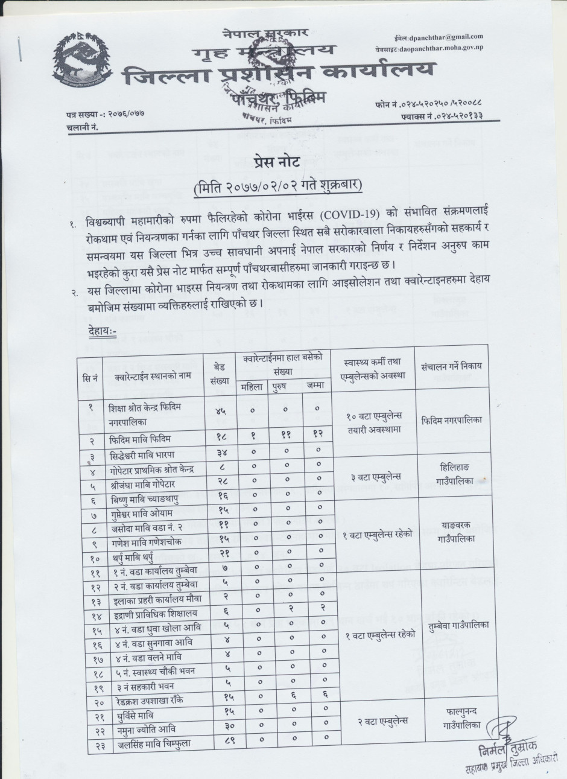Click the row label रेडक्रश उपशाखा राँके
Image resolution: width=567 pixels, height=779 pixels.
coord(148,700)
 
